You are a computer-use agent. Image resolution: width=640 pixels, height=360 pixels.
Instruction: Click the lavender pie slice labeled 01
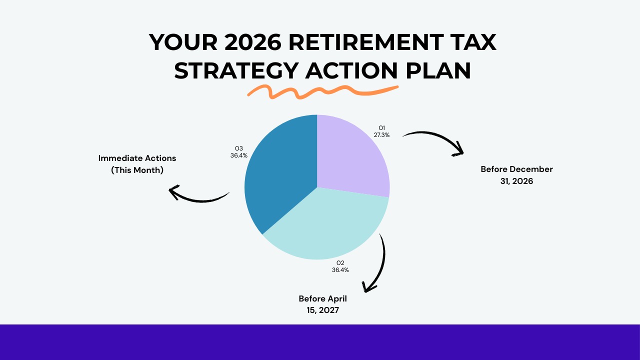[x=350, y=155]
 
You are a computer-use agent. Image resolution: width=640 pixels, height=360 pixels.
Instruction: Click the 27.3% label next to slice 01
[x=381, y=135]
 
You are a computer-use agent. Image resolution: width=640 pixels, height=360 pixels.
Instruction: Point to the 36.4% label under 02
[x=340, y=270]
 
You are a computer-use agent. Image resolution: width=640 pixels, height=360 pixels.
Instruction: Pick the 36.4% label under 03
[x=239, y=155]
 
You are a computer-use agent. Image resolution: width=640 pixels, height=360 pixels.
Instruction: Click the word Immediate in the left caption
[x=119, y=158]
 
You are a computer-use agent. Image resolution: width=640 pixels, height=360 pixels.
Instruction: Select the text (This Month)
[x=137, y=170]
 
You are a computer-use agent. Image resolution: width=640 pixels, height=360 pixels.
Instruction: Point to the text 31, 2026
[x=516, y=181]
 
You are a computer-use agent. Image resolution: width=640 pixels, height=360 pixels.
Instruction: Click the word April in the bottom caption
[x=336, y=298]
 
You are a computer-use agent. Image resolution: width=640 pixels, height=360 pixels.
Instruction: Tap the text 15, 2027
[x=322, y=310]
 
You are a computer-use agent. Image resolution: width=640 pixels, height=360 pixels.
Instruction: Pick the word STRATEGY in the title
[x=235, y=70]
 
